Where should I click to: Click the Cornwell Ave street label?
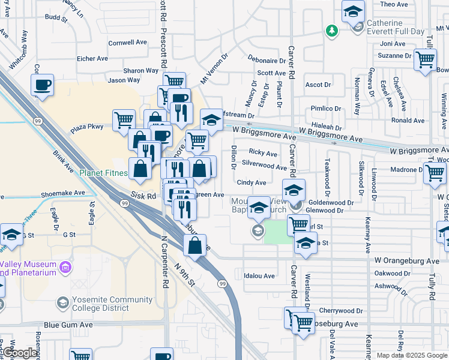point(127,43)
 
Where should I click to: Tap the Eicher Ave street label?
point(92,59)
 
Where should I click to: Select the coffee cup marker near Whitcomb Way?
point(42,85)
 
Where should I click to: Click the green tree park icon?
point(331,29)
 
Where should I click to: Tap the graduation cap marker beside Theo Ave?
point(353,11)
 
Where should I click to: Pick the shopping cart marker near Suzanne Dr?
point(425,60)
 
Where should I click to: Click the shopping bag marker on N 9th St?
point(194,246)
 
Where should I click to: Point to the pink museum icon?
point(65,266)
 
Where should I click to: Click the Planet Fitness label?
point(104,173)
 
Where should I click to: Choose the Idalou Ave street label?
point(259,276)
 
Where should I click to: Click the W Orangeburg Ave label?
point(407,261)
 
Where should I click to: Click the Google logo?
point(19,353)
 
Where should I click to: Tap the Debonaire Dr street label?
point(267,61)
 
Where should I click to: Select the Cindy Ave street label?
point(252,182)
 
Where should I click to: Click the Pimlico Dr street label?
point(325,109)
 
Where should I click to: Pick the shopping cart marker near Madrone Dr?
point(435,173)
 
